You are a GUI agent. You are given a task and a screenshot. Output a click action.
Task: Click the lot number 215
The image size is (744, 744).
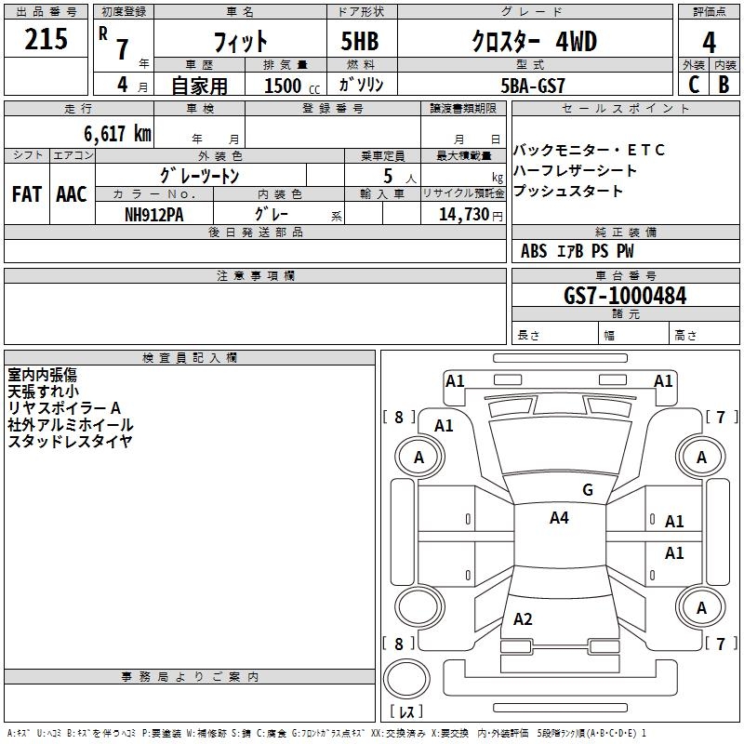pos(46,39)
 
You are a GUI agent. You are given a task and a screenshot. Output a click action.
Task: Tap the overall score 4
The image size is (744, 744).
pos(709,43)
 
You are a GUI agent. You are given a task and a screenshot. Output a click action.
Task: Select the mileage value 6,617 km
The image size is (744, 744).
pos(118,134)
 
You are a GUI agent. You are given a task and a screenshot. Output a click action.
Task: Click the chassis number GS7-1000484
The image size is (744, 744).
pos(625,296)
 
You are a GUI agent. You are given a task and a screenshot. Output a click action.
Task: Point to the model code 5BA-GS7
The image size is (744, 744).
pos(533,86)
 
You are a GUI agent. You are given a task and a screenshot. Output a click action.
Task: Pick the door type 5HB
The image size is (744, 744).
pos(360,41)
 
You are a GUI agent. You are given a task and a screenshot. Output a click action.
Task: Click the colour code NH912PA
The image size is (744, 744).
pos(154,215)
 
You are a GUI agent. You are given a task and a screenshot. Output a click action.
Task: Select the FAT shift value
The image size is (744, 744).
pos(27,194)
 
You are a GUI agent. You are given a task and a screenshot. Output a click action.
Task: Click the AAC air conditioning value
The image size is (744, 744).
pos(72,194)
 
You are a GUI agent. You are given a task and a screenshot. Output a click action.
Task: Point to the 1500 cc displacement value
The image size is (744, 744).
pos(292,86)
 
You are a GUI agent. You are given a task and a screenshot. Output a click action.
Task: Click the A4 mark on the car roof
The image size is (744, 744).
pos(559,518)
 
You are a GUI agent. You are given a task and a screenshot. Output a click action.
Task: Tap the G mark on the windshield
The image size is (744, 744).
pos(588,490)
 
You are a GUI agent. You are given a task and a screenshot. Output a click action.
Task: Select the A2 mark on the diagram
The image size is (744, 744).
pos(523,619)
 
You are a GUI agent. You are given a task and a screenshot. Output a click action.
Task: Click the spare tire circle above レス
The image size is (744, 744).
pos(406,679)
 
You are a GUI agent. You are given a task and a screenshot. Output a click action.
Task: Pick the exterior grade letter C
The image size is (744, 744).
pos(694,85)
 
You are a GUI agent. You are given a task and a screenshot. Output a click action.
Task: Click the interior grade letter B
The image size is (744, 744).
pos(724,85)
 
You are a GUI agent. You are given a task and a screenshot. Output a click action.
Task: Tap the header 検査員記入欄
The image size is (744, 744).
pos(190,358)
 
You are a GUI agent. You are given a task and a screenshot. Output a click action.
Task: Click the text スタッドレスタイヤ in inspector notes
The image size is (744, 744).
pos(70,441)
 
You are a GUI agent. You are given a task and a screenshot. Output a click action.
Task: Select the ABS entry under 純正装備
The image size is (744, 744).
pos(534,251)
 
